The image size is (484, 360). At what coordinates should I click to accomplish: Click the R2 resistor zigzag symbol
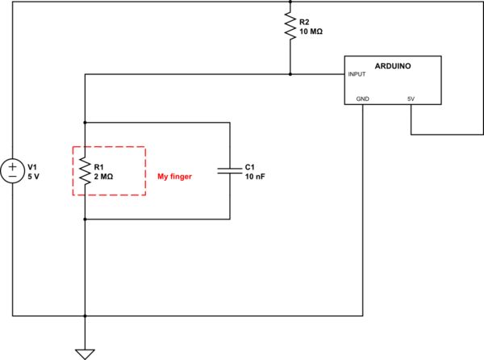pos(290,26)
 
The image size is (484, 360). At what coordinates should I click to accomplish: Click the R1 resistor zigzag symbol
pos(85,170)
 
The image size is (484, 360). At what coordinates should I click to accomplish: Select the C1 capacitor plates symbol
pos(230,170)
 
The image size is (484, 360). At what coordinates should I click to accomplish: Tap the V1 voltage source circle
pos(14,170)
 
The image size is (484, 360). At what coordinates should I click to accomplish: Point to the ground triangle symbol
pos(85,353)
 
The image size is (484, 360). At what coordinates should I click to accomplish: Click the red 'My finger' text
pos(174,177)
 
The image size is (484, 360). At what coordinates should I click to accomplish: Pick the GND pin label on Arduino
pos(363,99)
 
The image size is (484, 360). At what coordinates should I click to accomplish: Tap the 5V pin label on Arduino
pos(411,99)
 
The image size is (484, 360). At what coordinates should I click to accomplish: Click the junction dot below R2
pos(290,74)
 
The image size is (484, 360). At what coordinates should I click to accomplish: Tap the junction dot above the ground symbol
pos(85,316)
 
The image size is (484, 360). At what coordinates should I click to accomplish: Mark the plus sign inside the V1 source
pos(14,165)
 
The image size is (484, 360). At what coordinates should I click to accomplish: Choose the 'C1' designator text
pos(250,165)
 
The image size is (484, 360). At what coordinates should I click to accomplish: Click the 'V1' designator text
pos(33,165)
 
